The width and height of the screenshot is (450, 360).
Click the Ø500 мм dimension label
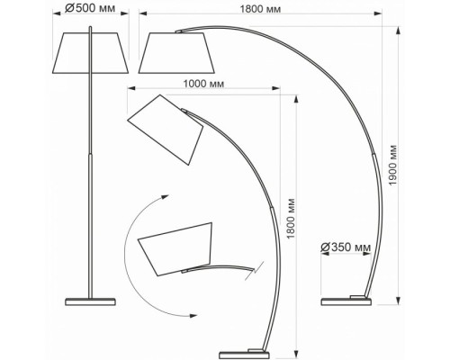[x=90, y=8]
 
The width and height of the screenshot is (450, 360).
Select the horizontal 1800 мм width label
[x=260, y=9]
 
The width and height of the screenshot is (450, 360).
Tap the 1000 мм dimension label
[x=203, y=84]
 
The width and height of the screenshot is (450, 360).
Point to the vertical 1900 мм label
[x=392, y=166]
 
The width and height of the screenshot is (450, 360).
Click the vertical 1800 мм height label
[x=291, y=219]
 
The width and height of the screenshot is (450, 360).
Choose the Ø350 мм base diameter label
[x=346, y=247]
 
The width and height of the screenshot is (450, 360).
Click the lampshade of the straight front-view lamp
[x=90, y=53]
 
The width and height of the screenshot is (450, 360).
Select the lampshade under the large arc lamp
[x=176, y=53]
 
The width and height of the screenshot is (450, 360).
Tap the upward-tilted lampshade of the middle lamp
[x=166, y=130]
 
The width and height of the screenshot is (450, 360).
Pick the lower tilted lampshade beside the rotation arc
[x=175, y=249]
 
